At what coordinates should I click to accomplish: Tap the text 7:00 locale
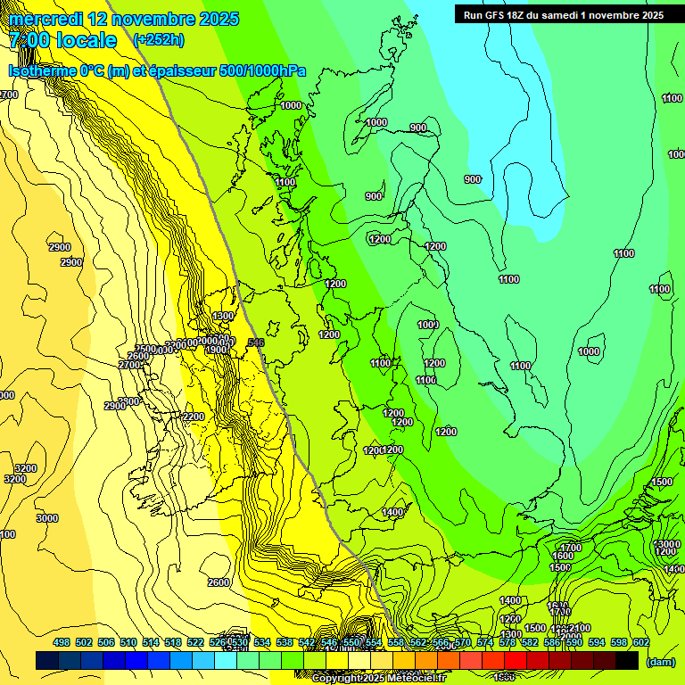[x=62, y=40]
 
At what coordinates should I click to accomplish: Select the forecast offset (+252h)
[x=158, y=39]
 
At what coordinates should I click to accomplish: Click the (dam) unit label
[x=660, y=661]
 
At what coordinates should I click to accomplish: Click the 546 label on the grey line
[x=256, y=342]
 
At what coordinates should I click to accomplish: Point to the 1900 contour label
[x=218, y=351]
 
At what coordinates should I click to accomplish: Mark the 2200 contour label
[x=193, y=417]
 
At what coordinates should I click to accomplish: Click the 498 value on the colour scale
[x=62, y=642]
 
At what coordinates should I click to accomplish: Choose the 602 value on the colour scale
[x=641, y=642]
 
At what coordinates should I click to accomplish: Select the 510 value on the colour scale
[x=128, y=642]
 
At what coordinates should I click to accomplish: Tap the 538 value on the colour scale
[x=285, y=642]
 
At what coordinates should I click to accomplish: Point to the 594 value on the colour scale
[x=597, y=642]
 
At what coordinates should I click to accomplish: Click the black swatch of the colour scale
[x=627, y=660]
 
